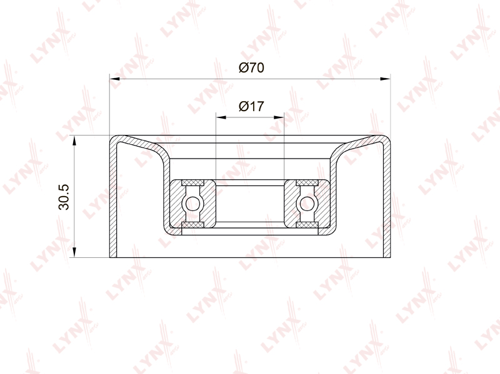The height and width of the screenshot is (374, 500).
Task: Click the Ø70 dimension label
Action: click(x=251, y=67)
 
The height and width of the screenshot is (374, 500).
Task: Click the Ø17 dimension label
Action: click(x=251, y=106)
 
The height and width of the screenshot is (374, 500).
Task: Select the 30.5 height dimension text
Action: click(x=64, y=197)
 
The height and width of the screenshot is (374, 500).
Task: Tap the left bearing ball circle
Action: click(x=192, y=204)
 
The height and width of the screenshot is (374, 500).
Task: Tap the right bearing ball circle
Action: click(x=307, y=204)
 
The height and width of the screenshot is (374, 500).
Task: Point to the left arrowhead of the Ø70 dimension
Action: click(x=114, y=79)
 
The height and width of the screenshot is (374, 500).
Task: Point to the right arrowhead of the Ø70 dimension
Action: click(x=385, y=79)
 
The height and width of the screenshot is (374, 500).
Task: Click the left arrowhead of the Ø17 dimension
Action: click(x=221, y=117)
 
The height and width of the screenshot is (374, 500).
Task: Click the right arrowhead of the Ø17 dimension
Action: click(x=279, y=117)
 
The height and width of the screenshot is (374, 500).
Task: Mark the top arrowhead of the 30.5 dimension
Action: click(x=74, y=140)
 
